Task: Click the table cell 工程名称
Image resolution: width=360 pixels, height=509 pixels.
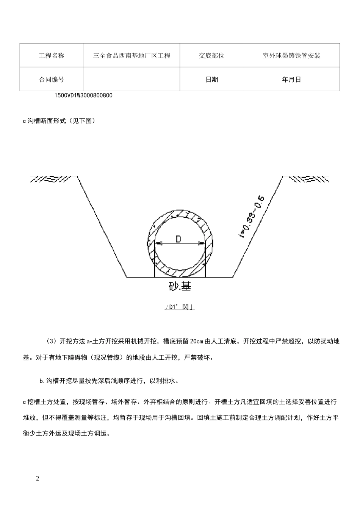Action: coord(52,56)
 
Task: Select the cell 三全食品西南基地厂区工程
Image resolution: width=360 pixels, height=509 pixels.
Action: coord(131,56)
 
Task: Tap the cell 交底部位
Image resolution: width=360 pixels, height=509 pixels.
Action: coord(211,56)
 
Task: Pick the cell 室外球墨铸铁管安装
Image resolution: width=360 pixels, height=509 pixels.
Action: coord(291,56)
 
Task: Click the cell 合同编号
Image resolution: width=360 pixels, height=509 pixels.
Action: coord(52,80)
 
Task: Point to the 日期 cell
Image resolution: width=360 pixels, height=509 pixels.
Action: coord(211,80)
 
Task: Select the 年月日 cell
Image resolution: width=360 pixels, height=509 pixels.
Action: coord(291,80)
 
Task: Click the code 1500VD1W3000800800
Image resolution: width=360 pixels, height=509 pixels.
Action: coord(83,96)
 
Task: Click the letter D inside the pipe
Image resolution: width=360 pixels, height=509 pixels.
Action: coord(178,239)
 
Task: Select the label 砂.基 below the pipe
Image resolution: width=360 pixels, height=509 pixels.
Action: coord(180,286)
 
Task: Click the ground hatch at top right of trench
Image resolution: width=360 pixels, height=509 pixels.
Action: coord(306,178)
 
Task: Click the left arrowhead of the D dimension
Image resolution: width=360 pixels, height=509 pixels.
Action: coord(158,244)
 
